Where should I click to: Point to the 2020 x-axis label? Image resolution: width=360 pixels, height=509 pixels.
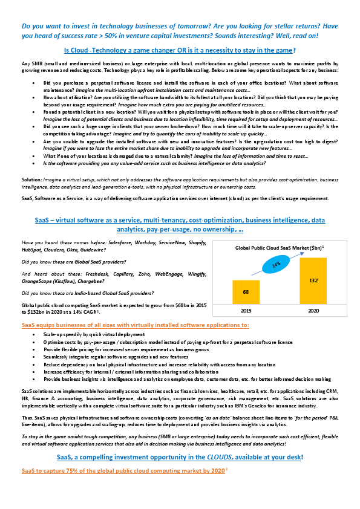click(x=313, y=312)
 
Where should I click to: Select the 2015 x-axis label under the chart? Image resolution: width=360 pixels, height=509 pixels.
click(x=246, y=312)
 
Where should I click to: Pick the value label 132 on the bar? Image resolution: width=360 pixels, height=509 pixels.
click(x=313, y=281)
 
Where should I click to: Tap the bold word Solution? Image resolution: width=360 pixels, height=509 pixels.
click(x=32, y=180)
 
